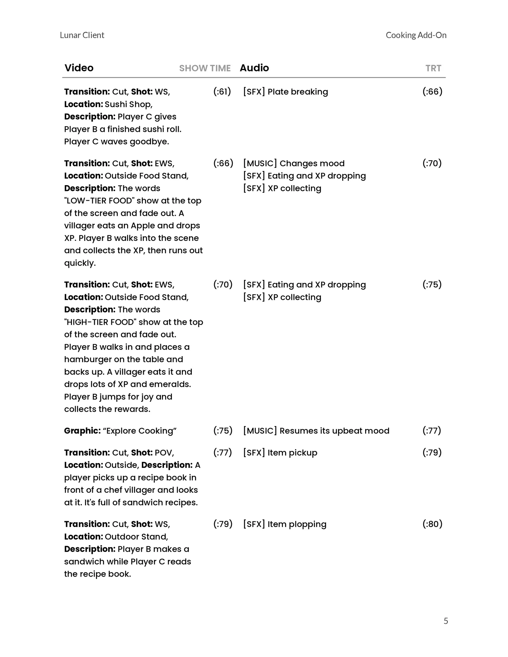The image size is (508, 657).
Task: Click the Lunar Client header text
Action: coord(82,35)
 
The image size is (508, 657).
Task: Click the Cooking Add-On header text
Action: coord(416,35)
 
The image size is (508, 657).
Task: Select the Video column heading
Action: coord(79,68)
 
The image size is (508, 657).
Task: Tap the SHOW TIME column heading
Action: coord(205,68)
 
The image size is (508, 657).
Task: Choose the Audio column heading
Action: coord(254,68)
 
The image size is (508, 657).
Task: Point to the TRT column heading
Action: coord(433,68)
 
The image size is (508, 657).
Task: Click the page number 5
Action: coord(446,621)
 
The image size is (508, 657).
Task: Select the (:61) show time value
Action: coord(222,92)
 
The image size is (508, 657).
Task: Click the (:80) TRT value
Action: coord(432,524)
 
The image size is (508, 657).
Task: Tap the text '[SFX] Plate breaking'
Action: coord(285,92)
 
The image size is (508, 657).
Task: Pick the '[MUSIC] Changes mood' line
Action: coord(294,163)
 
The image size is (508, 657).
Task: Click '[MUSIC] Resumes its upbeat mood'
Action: coord(316,430)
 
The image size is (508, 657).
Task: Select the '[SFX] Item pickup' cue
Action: coord(280,452)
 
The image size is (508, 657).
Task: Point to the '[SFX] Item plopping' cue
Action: coord(285,524)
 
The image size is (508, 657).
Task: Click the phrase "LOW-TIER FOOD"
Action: coord(99,201)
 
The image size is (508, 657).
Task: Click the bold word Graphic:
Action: coord(82,430)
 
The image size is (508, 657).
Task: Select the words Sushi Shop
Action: coord(128,104)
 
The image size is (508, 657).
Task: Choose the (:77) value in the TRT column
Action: coord(432,430)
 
